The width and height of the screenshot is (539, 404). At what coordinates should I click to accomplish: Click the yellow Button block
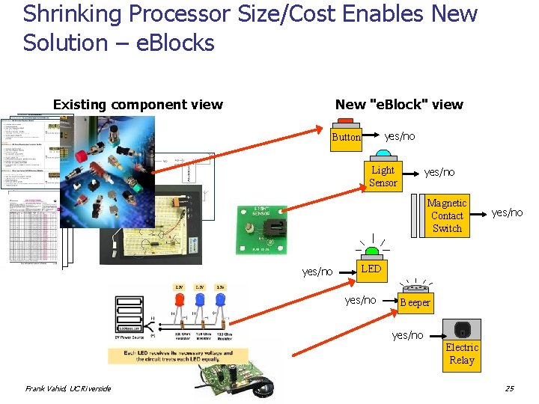[347, 138]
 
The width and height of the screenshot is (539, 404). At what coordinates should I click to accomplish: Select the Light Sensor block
[383, 176]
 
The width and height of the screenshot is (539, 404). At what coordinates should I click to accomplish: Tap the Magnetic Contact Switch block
[447, 215]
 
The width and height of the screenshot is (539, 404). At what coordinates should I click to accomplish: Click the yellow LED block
[371, 269]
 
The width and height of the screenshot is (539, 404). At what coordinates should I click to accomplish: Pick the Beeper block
[415, 302]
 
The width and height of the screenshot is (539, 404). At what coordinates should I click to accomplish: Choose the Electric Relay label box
[462, 354]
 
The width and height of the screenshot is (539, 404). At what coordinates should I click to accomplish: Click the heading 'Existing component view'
[138, 105]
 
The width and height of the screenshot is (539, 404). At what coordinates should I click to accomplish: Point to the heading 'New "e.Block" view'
[399, 105]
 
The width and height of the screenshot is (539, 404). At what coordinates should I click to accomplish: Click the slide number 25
[509, 388]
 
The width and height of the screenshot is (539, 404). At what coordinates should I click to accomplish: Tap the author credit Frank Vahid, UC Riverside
[68, 388]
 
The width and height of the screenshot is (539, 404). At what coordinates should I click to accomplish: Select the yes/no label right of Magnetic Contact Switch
[507, 213]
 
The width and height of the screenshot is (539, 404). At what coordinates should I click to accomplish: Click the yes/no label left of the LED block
[317, 272]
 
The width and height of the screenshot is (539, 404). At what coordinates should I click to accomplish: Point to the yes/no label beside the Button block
[400, 136]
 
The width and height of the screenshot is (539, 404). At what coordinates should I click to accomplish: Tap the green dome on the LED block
[371, 254]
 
